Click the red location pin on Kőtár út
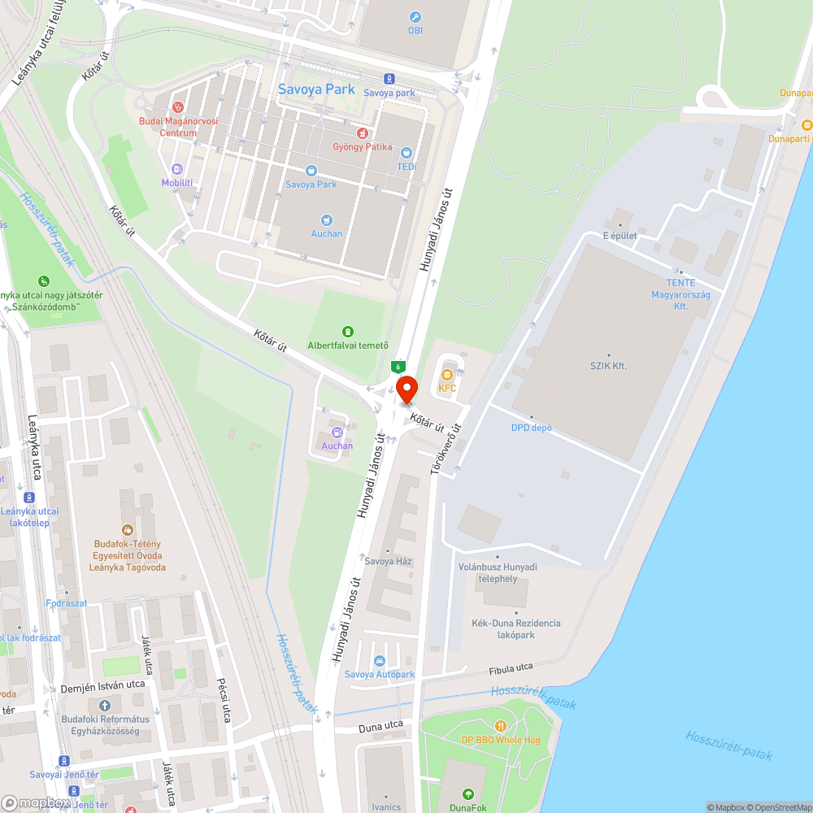pyautogui.click(x=406, y=389)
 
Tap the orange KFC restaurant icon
pyautogui.click(x=446, y=375)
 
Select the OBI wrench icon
pyautogui.click(x=415, y=17)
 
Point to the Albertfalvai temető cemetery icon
pyautogui.click(x=348, y=331)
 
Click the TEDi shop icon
pyautogui.click(x=406, y=153)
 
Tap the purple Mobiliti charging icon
pyautogui.click(x=177, y=169)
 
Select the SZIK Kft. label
pyautogui.click(x=608, y=366)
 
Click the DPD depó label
pyautogui.click(x=532, y=428)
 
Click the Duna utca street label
pyautogui.click(x=381, y=725)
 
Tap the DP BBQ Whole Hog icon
pyautogui.click(x=501, y=725)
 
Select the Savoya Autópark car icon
pyautogui.click(x=379, y=660)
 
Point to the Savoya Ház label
pyautogui.click(x=389, y=561)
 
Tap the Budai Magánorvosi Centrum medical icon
pyautogui.click(x=178, y=107)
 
